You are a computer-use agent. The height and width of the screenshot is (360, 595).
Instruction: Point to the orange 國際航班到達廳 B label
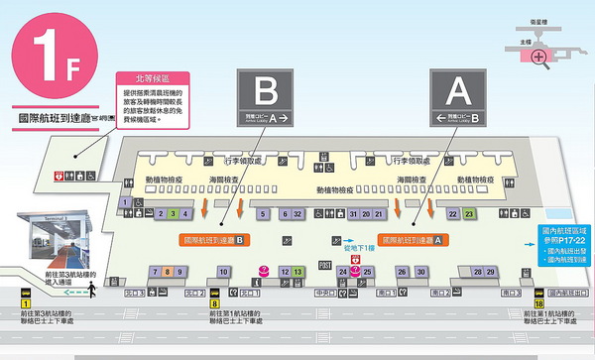(x=213, y=240)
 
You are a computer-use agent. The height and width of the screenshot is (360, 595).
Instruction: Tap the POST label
(x=325, y=266)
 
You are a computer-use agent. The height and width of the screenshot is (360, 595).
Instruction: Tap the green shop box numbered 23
(x=469, y=213)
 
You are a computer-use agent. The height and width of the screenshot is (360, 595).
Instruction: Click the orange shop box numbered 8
(x=169, y=272)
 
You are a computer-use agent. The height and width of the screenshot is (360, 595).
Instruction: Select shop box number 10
(x=224, y=272)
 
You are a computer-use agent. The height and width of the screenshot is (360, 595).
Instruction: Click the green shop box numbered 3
(x=173, y=213)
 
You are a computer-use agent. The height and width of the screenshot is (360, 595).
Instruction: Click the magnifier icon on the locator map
(x=538, y=56)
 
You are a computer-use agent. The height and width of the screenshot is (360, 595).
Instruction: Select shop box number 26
(x=402, y=272)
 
